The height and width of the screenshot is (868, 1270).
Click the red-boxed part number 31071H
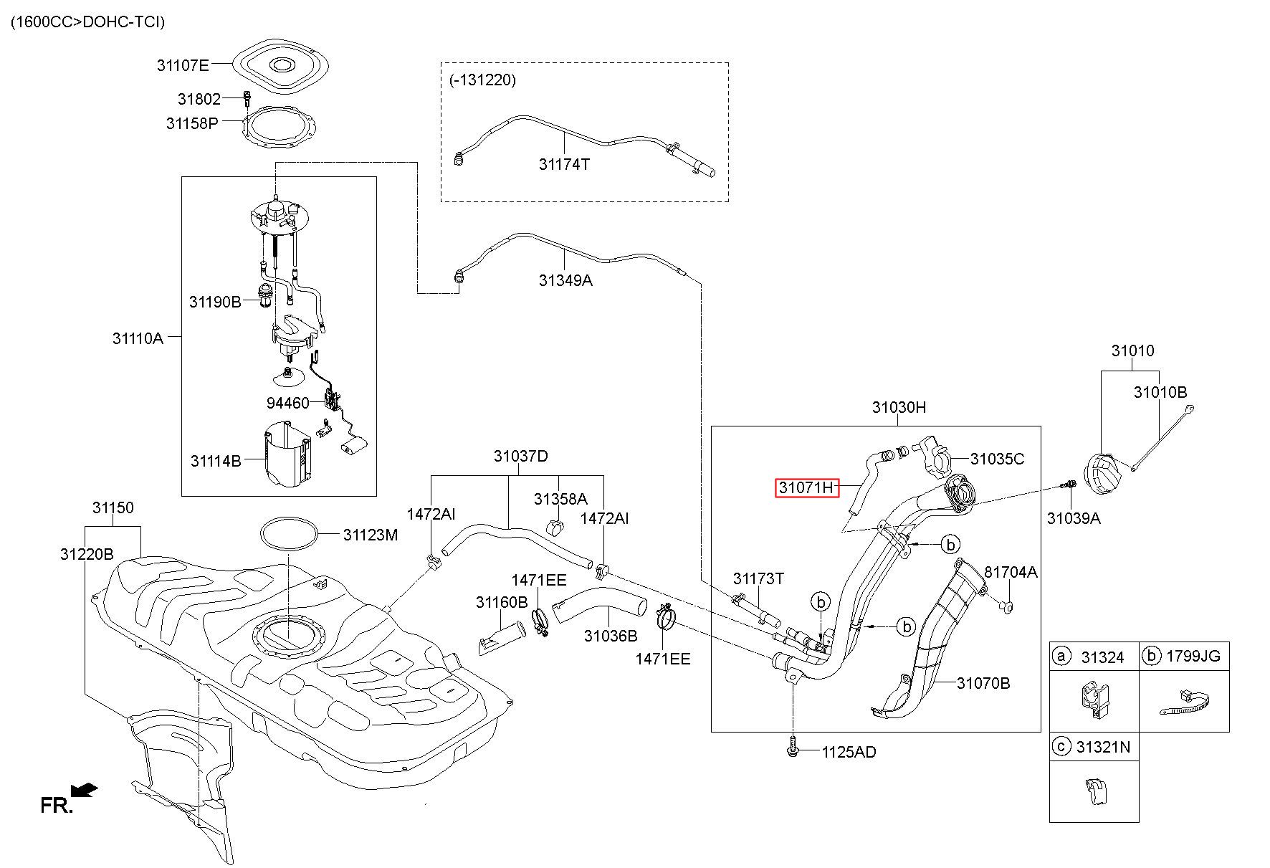click(807, 488)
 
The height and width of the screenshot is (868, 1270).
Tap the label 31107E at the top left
click(183, 66)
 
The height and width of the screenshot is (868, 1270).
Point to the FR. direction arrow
click(85, 790)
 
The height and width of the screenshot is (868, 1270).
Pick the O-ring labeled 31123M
click(288, 535)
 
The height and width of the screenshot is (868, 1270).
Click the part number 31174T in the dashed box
click(564, 164)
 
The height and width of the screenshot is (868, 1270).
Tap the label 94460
click(287, 403)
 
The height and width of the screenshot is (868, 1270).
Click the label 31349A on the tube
click(565, 280)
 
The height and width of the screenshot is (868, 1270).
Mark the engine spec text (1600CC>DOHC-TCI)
click(88, 22)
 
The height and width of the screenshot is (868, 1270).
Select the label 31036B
click(610, 636)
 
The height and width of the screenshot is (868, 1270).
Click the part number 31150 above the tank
click(113, 507)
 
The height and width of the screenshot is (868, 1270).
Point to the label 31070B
click(983, 683)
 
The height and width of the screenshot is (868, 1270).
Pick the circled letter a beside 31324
click(1061, 656)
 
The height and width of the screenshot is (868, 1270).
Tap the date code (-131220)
click(483, 80)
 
